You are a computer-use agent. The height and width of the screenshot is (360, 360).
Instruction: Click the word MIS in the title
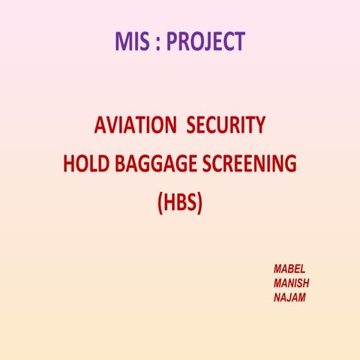[x=132, y=41]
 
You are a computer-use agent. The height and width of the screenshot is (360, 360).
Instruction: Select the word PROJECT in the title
[x=205, y=41]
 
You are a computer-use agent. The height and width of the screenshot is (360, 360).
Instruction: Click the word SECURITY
[x=226, y=127]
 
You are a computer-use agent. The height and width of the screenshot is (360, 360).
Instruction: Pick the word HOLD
[x=83, y=164]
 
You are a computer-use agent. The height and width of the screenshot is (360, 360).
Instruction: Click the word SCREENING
[x=250, y=164]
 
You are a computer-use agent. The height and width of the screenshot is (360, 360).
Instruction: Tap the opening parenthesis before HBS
[x=160, y=203]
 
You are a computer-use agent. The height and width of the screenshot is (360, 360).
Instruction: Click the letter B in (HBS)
[x=180, y=202]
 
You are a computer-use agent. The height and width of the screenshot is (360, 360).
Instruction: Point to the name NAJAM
[x=290, y=298]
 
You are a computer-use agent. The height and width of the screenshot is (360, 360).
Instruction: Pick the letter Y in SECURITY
[x=259, y=127]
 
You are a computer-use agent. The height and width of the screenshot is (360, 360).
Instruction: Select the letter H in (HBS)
[x=169, y=202]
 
